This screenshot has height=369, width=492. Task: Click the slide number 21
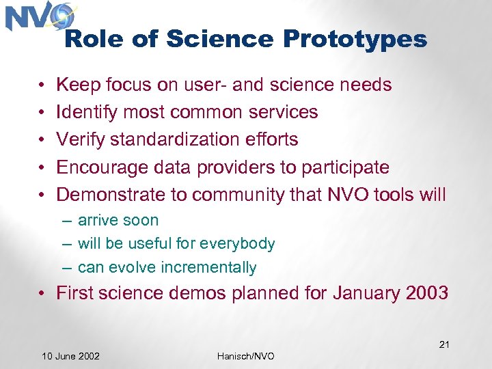point(443,344)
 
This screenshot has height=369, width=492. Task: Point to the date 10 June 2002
point(70,356)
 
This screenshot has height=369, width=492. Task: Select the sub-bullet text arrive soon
point(118,220)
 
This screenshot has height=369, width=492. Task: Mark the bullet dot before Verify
point(42,140)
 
